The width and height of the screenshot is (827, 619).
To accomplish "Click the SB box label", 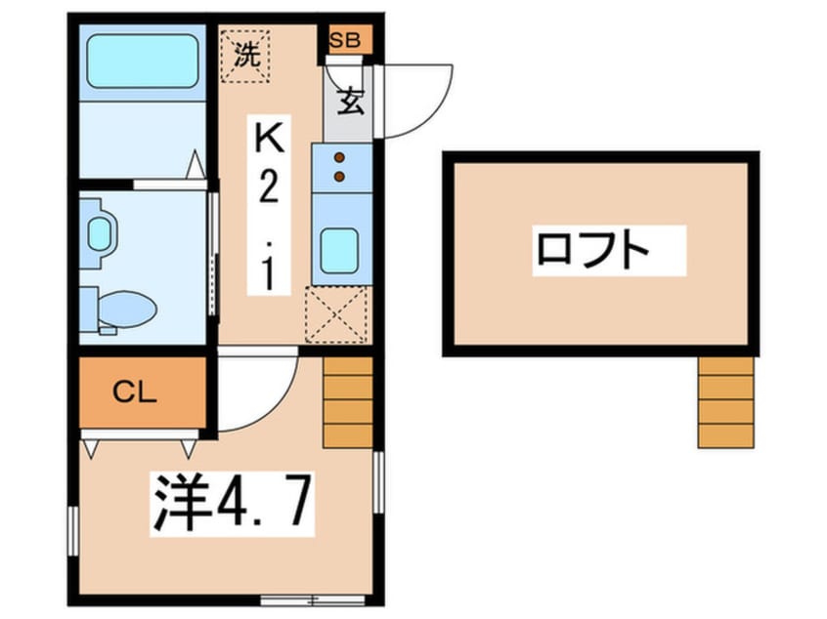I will click(344, 40).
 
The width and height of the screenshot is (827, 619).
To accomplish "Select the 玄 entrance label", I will click(349, 102).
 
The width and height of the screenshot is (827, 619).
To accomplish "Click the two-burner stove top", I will click(340, 166).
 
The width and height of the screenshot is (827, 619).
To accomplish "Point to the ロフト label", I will click(592, 250).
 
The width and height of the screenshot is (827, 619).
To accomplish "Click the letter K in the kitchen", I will click(269, 143).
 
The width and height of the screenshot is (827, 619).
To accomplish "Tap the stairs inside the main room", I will click(348, 401).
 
